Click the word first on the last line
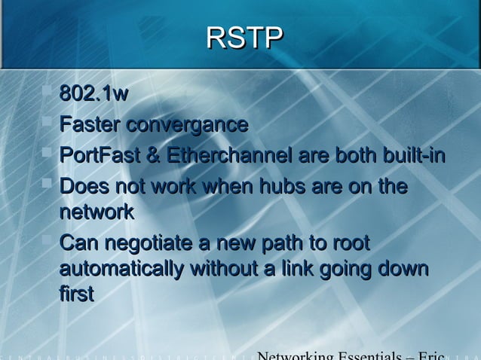coord(76,294)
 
